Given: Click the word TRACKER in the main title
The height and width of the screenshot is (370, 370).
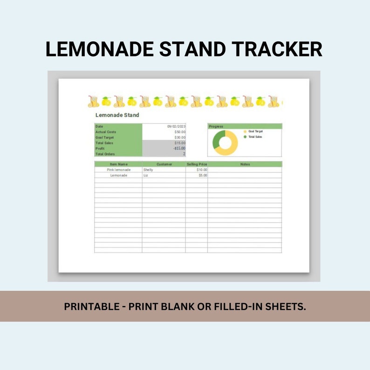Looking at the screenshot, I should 277,49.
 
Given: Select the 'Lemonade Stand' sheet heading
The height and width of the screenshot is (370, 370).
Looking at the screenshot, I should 117,115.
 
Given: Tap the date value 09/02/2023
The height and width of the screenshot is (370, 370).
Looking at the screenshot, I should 176,126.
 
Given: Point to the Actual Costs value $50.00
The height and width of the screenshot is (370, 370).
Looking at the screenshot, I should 179,132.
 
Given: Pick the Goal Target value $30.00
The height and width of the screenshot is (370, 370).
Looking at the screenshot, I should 179,137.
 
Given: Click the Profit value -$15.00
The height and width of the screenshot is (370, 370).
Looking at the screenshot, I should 179,149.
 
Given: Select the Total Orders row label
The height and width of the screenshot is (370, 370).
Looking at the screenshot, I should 105,154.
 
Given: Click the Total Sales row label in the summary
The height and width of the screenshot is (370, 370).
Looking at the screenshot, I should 104,143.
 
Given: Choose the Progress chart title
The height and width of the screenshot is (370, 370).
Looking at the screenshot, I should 216,126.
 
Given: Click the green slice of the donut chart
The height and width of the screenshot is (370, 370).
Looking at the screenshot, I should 217,139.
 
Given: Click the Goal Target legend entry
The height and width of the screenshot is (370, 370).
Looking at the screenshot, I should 255,131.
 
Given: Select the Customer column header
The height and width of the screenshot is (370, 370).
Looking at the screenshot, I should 164,164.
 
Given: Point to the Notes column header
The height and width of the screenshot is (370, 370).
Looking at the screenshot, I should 245,164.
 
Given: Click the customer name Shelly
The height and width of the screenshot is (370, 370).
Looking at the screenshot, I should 148,170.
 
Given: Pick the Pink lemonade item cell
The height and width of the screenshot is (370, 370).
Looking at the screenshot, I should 118,170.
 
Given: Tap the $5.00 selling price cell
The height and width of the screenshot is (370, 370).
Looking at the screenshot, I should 202,175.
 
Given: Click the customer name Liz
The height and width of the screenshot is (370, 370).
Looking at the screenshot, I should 146,175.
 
